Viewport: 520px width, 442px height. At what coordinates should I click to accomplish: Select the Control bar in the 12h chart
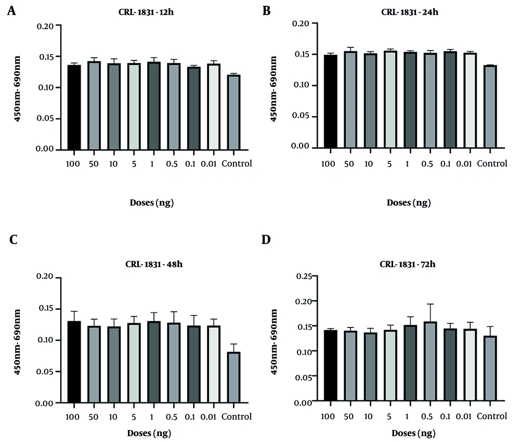pos(233,112)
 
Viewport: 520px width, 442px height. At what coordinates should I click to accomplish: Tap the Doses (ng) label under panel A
pos(151,203)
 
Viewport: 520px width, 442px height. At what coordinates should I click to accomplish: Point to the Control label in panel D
pos(492,416)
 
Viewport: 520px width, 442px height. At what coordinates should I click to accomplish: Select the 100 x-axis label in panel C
pos(74,417)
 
